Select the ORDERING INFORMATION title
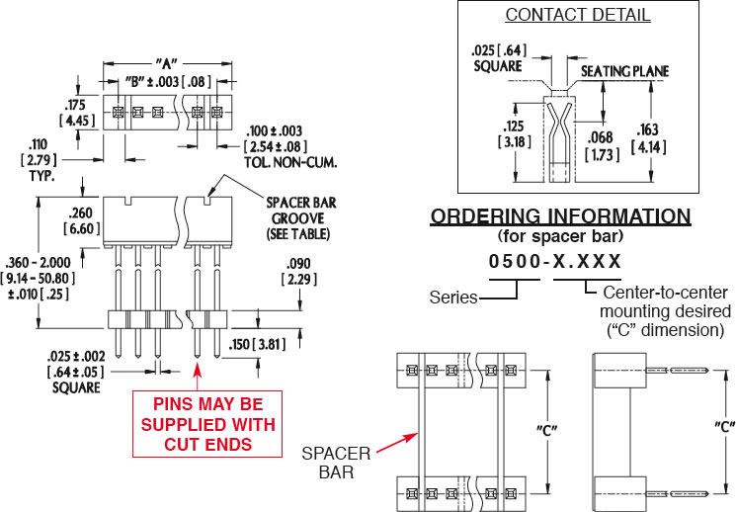point(561,216)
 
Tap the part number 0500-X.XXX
point(557,261)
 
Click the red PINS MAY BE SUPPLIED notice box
point(208,424)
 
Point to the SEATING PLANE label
point(624,71)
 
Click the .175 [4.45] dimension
point(76,111)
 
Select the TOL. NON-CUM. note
point(281,159)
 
